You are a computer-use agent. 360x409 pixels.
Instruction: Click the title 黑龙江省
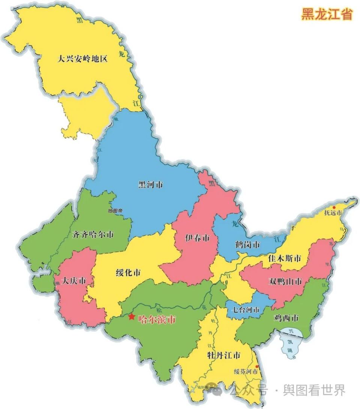tap(327, 14)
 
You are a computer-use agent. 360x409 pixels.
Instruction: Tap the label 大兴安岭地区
tap(82, 59)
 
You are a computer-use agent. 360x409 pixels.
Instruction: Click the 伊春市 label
tap(197, 238)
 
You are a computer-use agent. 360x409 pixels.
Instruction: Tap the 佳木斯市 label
tap(285, 258)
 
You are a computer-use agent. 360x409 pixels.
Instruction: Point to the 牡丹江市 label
tap(223, 355)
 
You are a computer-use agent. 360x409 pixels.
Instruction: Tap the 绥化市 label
tap(128, 273)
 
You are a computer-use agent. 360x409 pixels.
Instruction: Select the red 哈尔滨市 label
tap(157, 319)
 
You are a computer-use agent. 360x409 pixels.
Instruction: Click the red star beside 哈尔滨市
tap(131, 317)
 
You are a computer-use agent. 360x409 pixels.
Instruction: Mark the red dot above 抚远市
tap(334, 207)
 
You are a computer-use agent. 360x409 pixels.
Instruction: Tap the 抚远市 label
tap(333, 213)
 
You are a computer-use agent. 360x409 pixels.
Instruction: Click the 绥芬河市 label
tap(246, 372)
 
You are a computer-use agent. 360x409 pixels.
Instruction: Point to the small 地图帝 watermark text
tap(115, 211)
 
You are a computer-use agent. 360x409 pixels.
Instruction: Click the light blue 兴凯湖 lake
tap(291, 342)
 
